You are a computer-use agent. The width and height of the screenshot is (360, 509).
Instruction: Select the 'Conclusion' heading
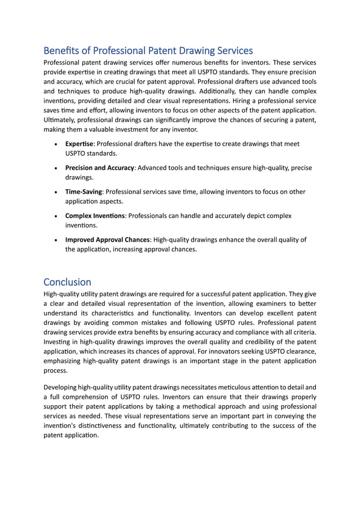[67, 282]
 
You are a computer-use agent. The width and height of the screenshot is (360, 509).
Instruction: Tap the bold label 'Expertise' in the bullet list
[79, 144]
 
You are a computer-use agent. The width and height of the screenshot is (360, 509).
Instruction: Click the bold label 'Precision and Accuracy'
[99, 168]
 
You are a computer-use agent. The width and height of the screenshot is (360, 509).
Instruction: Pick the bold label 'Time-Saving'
[84, 192]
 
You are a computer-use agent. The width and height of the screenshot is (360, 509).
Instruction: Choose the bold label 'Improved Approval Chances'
[107, 240]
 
